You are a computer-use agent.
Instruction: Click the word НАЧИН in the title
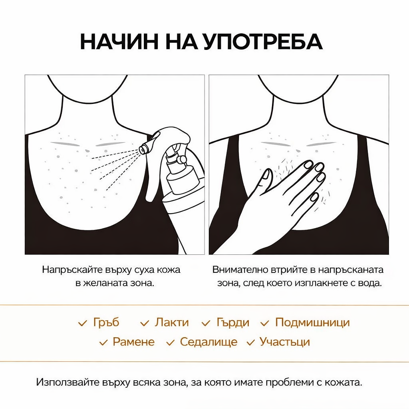tap(120, 42)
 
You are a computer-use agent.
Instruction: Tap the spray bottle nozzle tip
tap(142, 149)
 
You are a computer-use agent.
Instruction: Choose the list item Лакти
tap(171, 322)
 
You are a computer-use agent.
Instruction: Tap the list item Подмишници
tap(312, 322)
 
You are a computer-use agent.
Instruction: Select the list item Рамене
tap(133, 342)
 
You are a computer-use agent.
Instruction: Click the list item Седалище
tap(208, 342)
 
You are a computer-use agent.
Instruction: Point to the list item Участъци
tap(284, 342)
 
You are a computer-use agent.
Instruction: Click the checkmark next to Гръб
tap(83, 323)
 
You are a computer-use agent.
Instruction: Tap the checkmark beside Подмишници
tap(265, 323)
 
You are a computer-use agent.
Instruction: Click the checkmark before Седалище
tap(171, 342)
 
